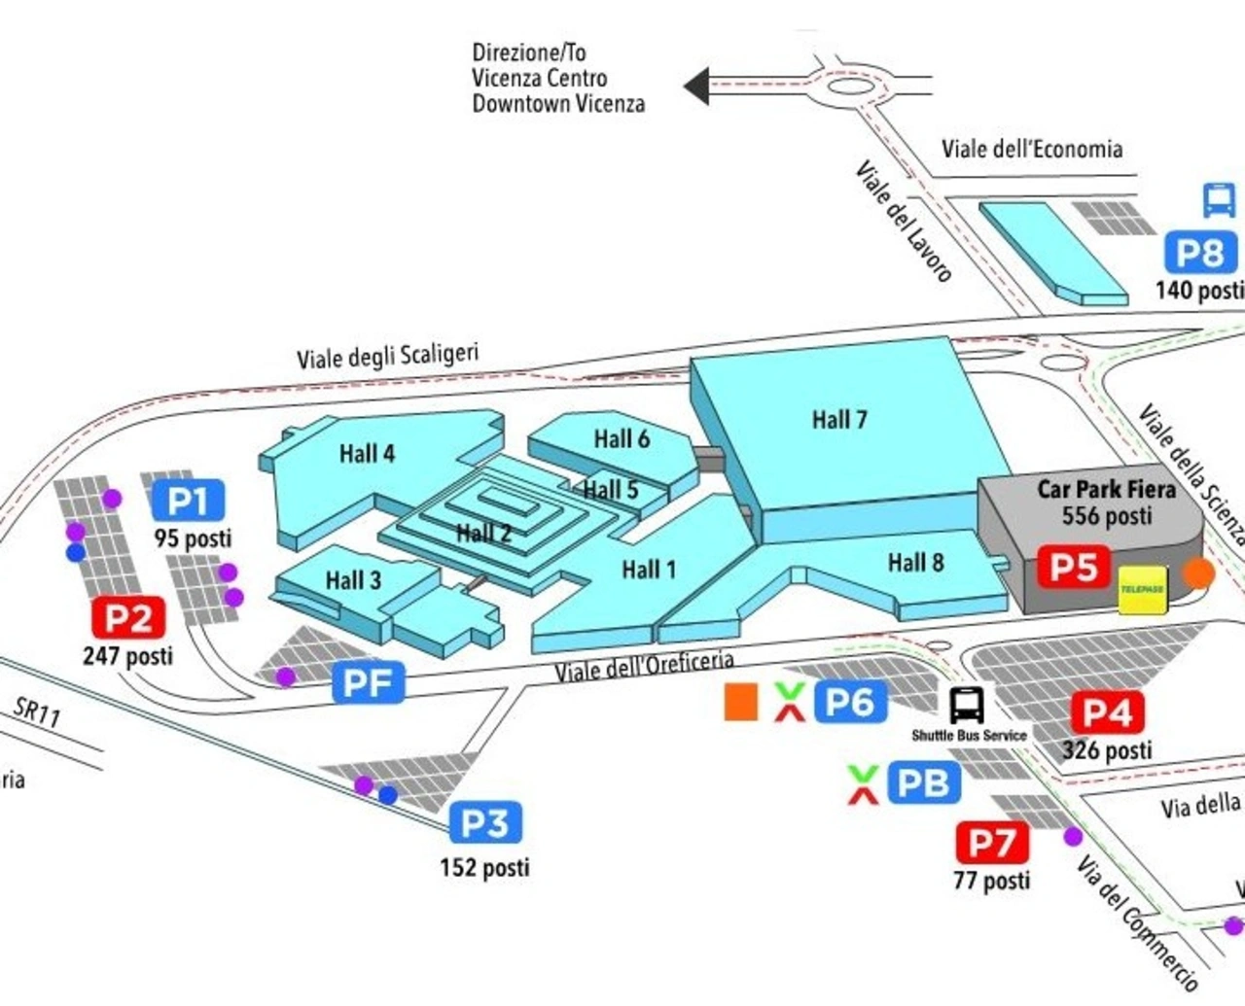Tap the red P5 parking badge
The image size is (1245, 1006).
pos(1073,567)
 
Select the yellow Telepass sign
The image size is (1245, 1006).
pos(1142,590)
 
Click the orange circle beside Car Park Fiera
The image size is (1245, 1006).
pos(1199,572)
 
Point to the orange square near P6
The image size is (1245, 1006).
pos(741,702)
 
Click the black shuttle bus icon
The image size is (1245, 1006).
pos(967,705)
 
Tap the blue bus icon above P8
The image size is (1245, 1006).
pos(1219,200)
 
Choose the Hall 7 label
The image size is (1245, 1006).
pos(839,420)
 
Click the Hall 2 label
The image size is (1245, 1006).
pos(483,533)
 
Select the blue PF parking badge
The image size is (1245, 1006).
pos(368,682)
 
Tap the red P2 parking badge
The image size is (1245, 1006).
pos(128,617)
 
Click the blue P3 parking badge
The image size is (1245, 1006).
pos(485,823)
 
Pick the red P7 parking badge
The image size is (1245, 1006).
pos(992,843)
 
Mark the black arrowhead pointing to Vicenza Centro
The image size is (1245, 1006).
pos(696,87)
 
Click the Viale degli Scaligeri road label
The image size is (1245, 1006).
pos(387,356)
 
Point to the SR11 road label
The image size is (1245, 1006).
pos(37,711)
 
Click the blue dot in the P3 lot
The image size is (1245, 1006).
pos(388,795)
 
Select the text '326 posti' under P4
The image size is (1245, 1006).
pos(1106,749)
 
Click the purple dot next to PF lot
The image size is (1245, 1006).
pos(285,676)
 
